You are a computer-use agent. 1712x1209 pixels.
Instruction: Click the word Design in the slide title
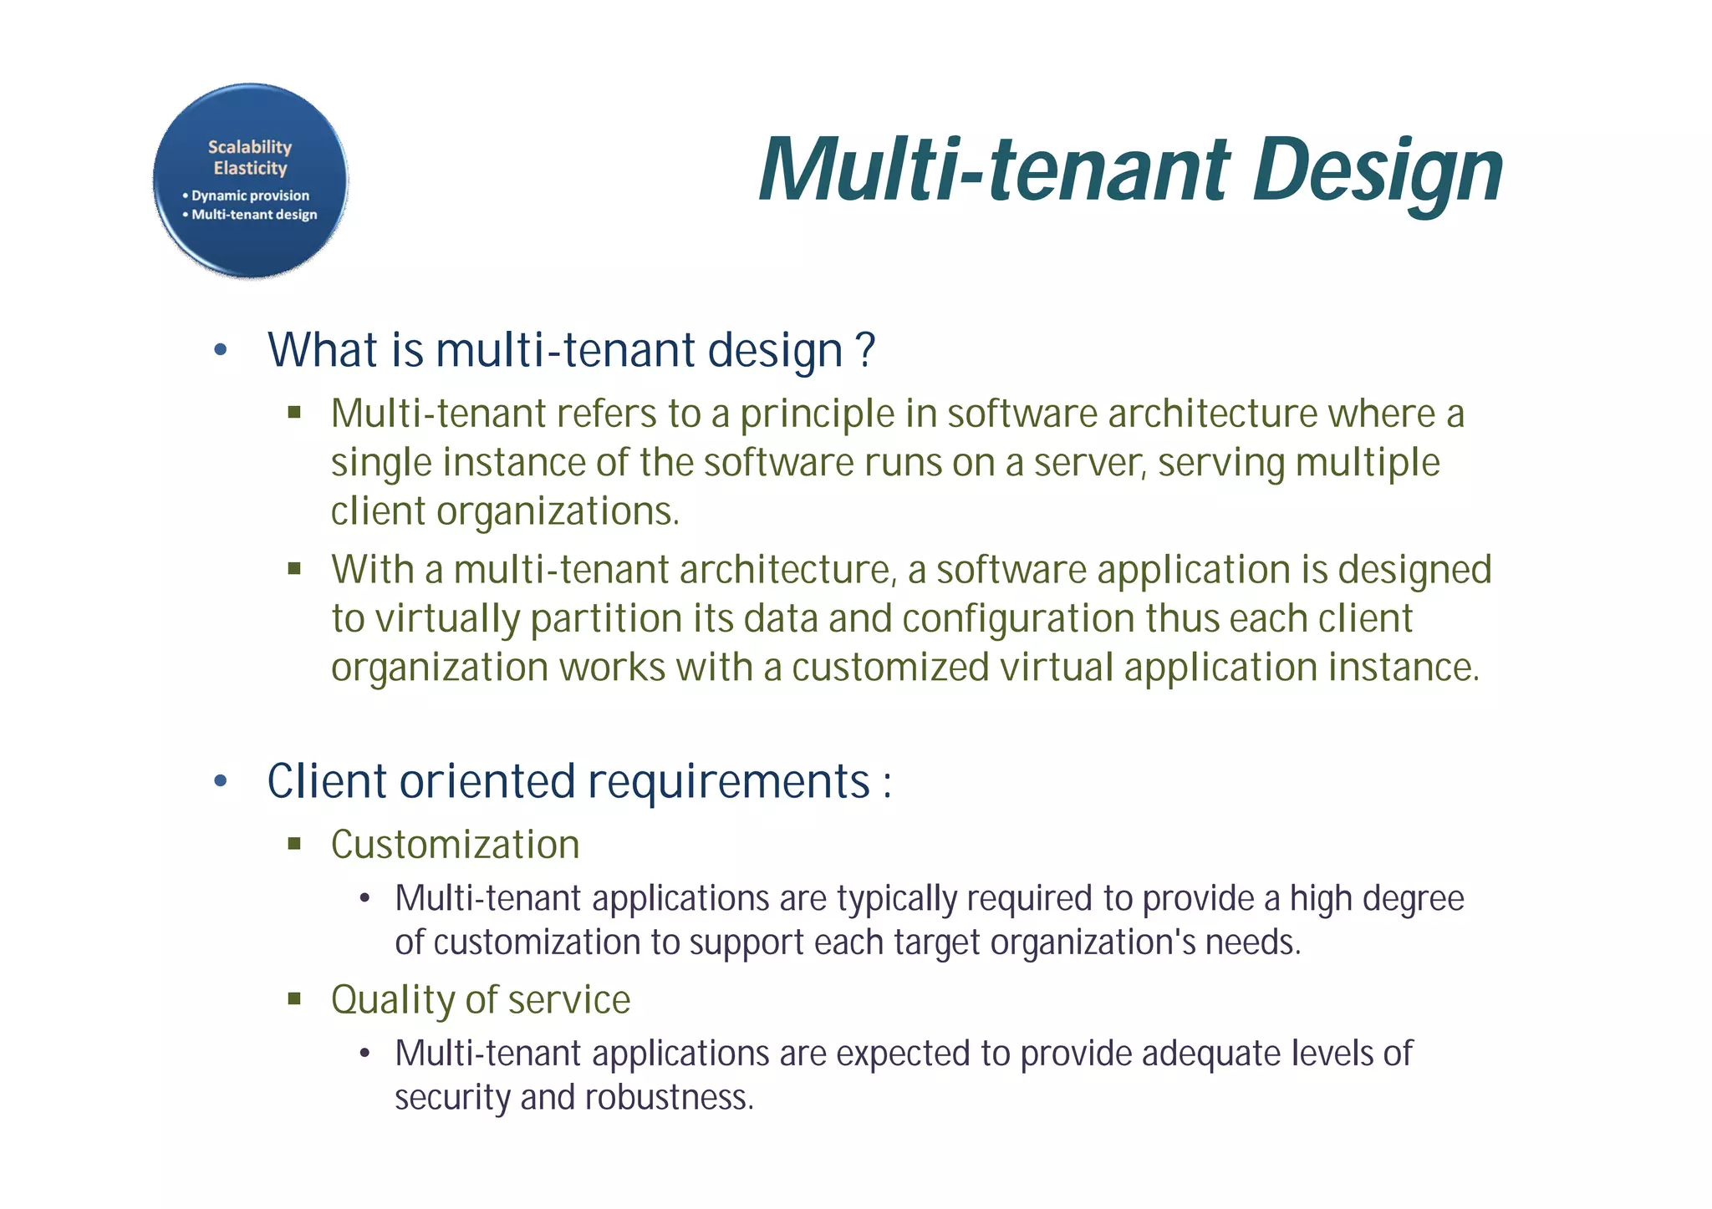click(1378, 171)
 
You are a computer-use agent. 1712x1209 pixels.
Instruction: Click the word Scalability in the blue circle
click(250, 147)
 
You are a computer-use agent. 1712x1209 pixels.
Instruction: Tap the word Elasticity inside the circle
click(250, 169)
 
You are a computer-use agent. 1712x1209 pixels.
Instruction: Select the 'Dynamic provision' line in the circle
click(249, 196)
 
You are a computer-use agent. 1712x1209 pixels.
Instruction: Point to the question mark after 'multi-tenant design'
click(866, 349)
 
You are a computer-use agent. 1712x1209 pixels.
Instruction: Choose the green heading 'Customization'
click(455, 845)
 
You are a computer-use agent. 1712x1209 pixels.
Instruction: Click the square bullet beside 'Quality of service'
click(293, 998)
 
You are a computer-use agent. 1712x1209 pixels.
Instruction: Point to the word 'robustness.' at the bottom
click(669, 1098)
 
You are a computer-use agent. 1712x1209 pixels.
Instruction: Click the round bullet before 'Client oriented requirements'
click(221, 782)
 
